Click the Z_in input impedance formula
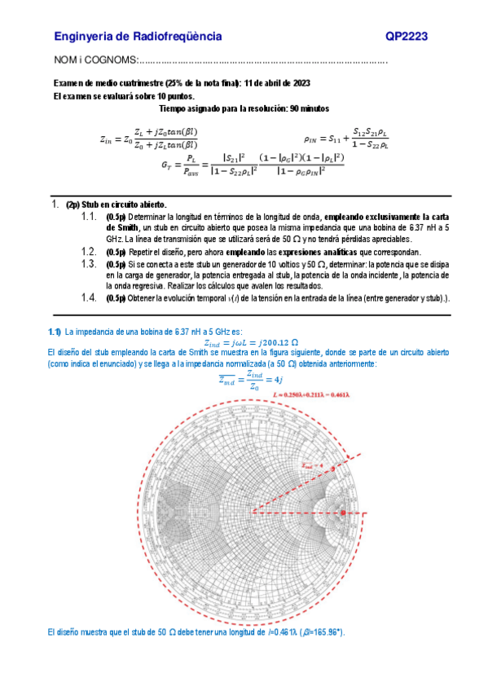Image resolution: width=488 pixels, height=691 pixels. coord(148,139)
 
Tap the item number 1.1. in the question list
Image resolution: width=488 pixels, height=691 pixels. coord(90,217)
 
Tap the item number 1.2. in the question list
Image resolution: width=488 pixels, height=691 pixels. coord(90,252)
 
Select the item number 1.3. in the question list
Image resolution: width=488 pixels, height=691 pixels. coord(90,264)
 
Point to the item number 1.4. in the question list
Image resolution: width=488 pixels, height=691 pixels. coord(90,298)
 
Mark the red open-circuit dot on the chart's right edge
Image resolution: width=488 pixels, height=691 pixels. coord(343,512)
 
